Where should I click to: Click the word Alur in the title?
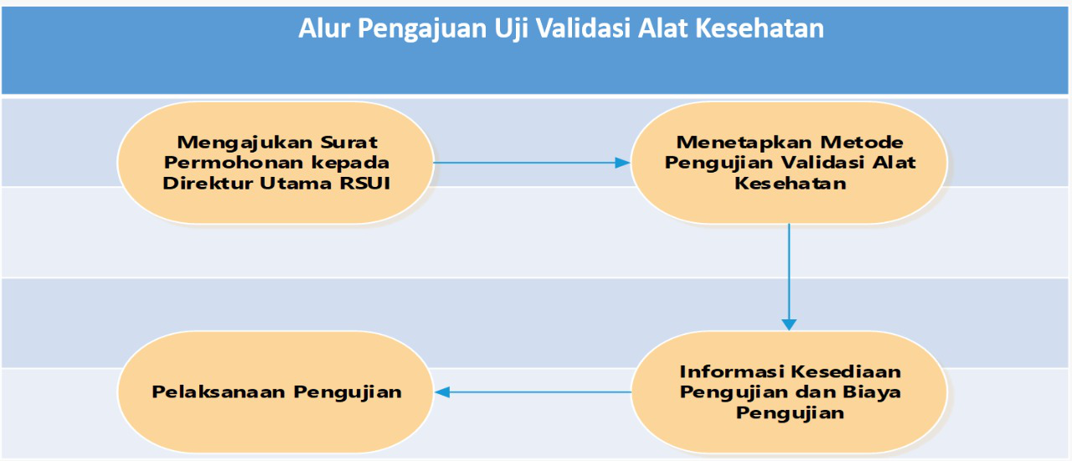pyautogui.click(x=324, y=28)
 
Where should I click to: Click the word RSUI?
pyautogui.click(x=365, y=183)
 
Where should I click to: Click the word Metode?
pyautogui.click(x=862, y=142)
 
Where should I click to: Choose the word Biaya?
pyautogui.click(x=872, y=393)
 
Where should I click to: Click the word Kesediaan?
pyautogui.click(x=846, y=372)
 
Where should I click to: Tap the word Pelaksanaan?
pyautogui.click(x=219, y=392)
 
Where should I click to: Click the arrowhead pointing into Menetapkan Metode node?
pyautogui.click(x=622, y=163)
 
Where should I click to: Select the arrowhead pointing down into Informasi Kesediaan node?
pyautogui.click(x=789, y=324)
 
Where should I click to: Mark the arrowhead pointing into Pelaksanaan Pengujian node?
pyautogui.click(x=443, y=392)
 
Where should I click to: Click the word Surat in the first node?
pyautogui.click(x=349, y=142)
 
